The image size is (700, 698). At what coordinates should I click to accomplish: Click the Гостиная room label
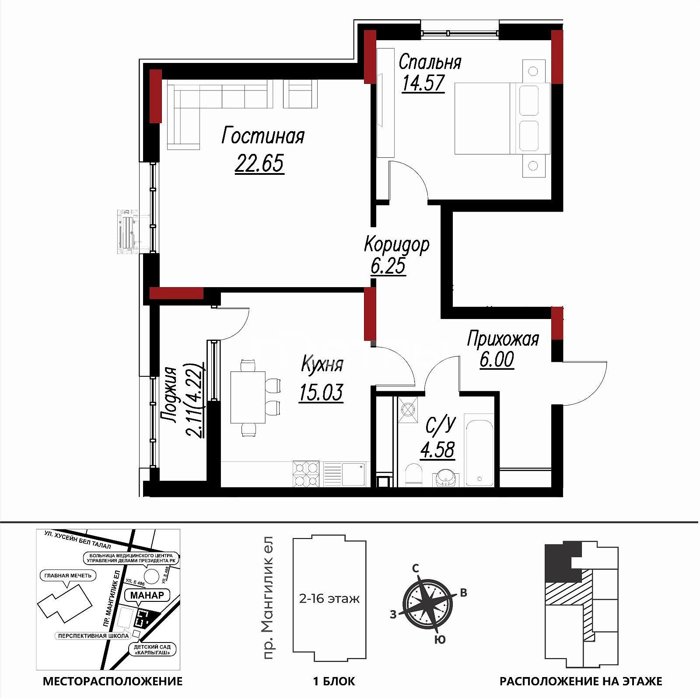click(x=263, y=135)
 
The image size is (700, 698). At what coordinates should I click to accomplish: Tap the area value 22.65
click(x=259, y=163)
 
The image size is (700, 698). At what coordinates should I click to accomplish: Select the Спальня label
click(x=430, y=62)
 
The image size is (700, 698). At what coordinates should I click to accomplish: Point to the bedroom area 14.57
click(x=423, y=83)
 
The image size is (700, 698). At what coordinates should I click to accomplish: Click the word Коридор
click(x=397, y=245)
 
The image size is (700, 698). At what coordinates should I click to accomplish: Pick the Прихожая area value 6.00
click(x=497, y=360)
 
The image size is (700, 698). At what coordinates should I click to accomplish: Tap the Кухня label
click(x=322, y=364)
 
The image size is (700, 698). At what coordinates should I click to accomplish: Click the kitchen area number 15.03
click(x=321, y=392)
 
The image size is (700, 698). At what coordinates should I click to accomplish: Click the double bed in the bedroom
click(x=502, y=118)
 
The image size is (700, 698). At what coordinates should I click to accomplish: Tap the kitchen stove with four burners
click(x=306, y=474)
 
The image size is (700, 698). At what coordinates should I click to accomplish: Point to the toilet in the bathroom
click(x=413, y=475)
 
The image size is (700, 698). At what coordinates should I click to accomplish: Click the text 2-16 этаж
click(x=329, y=598)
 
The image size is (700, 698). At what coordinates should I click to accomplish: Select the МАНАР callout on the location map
click(x=147, y=595)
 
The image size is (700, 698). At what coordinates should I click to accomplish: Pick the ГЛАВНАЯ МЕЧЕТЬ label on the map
click(x=68, y=576)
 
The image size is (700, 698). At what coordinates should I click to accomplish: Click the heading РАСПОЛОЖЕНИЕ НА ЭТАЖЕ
click(x=581, y=681)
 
